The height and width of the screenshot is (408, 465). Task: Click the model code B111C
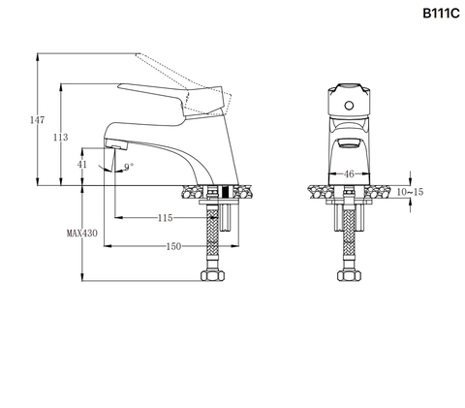pyautogui.click(x=441, y=14)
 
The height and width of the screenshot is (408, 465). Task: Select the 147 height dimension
pyautogui.click(x=37, y=120)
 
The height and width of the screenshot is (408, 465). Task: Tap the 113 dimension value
pyautogui.click(x=61, y=138)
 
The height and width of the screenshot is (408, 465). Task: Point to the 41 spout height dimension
pyautogui.click(x=82, y=164)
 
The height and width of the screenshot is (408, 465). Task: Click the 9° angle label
pyautogui.click(x=129, y=167)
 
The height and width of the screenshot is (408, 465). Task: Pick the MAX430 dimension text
pyautogui.click(x=82, y=233)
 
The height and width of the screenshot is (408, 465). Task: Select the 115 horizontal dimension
pyautogui.click(x=165, y=218)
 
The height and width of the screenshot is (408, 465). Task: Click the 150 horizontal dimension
pyautogui.click(x=173, y=246)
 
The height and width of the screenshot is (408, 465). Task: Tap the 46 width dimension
pyautogui.click(x=349, y=174)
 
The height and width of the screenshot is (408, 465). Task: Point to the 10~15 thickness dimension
pyautogui.click(x=410, y=192)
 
